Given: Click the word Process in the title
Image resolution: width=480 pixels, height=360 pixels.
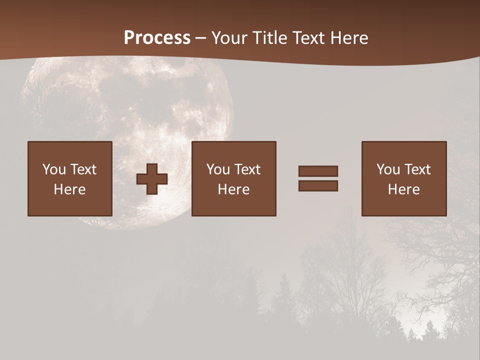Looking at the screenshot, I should tap(157, 38).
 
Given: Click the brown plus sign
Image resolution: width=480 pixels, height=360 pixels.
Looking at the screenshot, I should tap(152, 178).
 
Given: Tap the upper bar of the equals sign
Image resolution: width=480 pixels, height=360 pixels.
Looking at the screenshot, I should tap(318, 171).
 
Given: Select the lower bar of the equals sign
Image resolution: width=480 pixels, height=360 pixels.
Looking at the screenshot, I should tap(318, 185).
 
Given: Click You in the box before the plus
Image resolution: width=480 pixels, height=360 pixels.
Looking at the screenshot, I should tap(54, 169).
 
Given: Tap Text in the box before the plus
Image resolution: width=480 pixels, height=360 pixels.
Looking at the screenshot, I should tap(83, 169).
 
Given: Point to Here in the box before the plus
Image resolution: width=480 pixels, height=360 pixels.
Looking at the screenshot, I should tap(70, 189).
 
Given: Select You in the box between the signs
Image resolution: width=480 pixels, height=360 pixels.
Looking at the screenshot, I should tap(218, 169).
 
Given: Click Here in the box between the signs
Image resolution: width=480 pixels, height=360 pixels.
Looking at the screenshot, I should tap(234, 189).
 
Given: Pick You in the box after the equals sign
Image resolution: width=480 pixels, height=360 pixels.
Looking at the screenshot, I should tap(388, 169).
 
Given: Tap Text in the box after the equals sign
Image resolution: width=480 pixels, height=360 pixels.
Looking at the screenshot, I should tap(417, 169).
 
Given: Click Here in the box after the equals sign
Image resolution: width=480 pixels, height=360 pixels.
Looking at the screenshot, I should tap(404, 189).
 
